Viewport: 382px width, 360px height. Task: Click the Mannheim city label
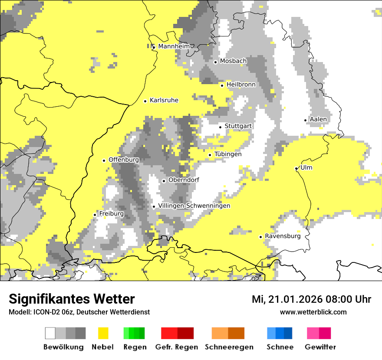pyautogui.click(x=174, y=46)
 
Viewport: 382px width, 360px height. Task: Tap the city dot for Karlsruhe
pyautogui.click(x=145, y=101)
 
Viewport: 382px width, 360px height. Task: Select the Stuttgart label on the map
pyautogui.click(x=238, y=126)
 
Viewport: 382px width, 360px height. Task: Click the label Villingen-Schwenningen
pyautogui.click(x=194, y=206)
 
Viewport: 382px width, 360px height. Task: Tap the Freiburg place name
pyautogui.click(x=111, y=214)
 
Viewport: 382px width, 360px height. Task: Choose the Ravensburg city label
pyautogui.click(x=283, y=236)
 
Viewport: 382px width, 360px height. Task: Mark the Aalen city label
pyautogui.click(x=318, y=119)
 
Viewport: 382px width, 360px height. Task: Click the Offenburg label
pyautogui.click(x=124, y=160)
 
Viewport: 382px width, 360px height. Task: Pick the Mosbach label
pyautogui.click(x=233, y=61)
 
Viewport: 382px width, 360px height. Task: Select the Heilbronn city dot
pyautogui.click(x=222, y=85)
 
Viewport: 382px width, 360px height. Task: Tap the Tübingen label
pyautogui.click(x=228, y=154)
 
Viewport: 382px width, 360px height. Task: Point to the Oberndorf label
pyautogui.click(x=184, y=180)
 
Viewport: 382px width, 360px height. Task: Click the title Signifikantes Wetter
pyautogui.click(x=72, y=299)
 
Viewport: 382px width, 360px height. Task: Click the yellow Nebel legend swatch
pyautogui.click(x=103, y=333)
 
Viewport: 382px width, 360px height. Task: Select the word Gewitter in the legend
pyautogui.click(x=320, y=347)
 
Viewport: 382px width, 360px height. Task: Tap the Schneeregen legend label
pyautogui.click(x=229, y=347)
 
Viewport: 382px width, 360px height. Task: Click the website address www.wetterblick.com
pyautogui.click(x=313, y=312)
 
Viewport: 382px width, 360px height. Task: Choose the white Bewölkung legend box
pyautogui.click(x=50, y=333)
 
